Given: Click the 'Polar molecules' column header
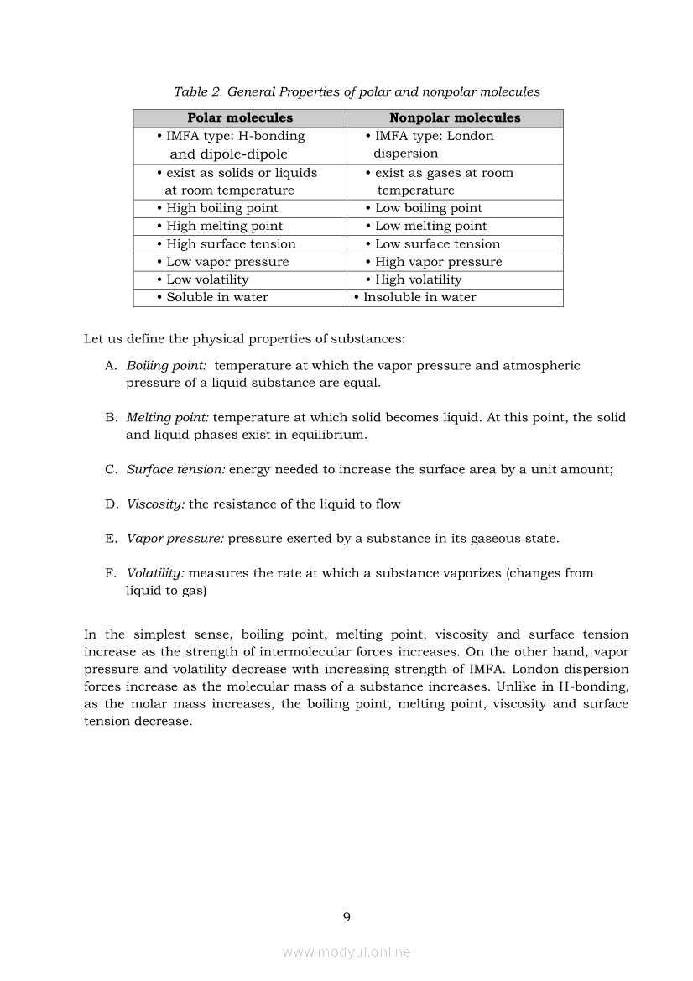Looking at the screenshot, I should pyautogui.click(x=240, y=118).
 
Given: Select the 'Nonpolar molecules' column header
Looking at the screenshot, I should pyautogui.click(x=455, y=118).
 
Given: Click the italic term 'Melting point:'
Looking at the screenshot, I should pyautogui.click(x=167, y=418).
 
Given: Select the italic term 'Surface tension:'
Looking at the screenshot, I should pyautogui.click(x=175, y=470).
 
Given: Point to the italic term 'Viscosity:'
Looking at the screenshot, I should pyautogui.click(x=155, y=504).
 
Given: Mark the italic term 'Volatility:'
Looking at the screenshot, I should pyautogui.click(x=155, y=573).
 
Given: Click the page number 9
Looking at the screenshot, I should pyautogui.click(x=346, y=916).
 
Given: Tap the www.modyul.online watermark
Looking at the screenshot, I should pyautogui.click(x=346, y=952).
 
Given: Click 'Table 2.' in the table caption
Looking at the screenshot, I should pyautogui.click(x=198, y=92).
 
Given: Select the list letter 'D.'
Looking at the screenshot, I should pyautogui.click(x=112, y=504).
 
